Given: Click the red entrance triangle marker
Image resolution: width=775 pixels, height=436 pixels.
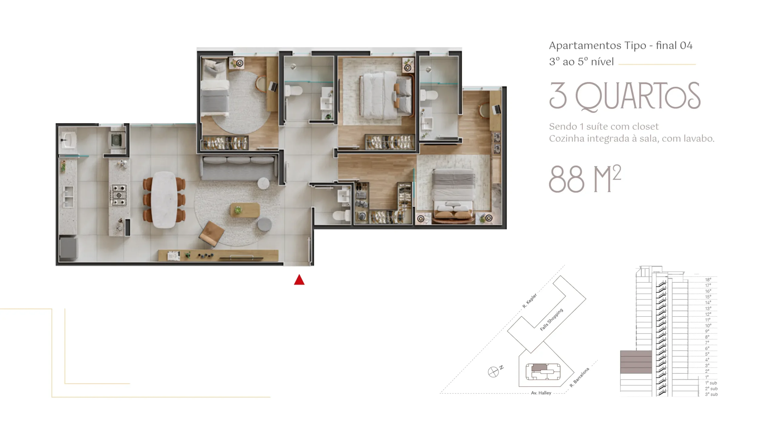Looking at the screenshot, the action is (x=299, y=280).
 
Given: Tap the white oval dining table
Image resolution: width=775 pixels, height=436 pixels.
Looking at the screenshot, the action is (x=164, y=200).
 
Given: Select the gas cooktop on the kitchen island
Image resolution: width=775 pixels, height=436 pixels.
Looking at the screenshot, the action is (x=119, y=195).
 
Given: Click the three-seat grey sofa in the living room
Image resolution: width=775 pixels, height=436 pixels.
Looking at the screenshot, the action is (x=239, y=168).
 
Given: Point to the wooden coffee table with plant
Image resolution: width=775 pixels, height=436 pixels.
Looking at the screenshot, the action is (x=245, y=210).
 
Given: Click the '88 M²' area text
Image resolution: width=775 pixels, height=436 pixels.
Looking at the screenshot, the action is (x=585, y=179).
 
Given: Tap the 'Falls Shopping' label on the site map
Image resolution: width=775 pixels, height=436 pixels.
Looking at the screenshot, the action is (x=551, y=319).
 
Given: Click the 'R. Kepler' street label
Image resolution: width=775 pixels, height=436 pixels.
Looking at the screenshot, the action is (x=529, y=301).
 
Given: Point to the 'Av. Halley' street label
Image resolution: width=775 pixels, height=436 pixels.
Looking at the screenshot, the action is (x=541, y=393).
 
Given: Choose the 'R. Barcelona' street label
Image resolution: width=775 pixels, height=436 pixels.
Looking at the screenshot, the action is (x=579, y=378).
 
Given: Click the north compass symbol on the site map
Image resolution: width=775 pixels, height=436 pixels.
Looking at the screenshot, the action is (x=493, y=372).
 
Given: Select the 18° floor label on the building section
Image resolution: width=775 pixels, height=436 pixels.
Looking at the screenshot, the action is (x=708, y=280).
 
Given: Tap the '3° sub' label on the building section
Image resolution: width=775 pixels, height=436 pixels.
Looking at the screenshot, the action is (x=711, y=394).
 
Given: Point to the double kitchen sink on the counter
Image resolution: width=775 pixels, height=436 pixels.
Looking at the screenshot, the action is (x=68, y=197).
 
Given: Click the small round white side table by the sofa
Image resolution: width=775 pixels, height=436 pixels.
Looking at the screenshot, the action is (x=263, y=183).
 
